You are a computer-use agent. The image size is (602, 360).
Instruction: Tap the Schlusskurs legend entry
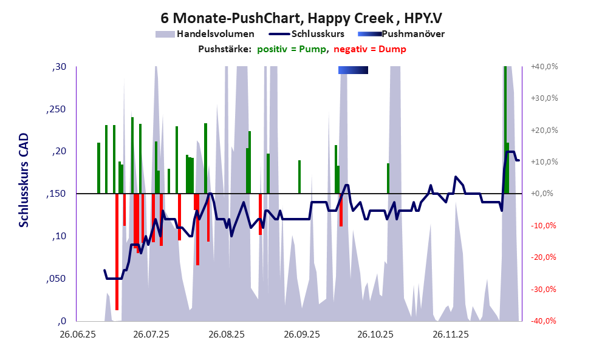pyautogui.click(x=318, y=34)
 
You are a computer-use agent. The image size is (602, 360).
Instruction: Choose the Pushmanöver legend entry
pyautogui.click(x=413, y=34)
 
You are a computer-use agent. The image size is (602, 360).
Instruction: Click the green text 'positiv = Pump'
pyautogui.click(x=292, y=49)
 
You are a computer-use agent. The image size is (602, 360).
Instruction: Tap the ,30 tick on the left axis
pyautogui.click(x=60, y=67)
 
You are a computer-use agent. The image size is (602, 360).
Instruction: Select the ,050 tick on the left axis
pyautogui.click(x=57, y=279)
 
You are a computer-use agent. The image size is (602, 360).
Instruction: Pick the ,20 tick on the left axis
pyautogui.click(x=60, y=152)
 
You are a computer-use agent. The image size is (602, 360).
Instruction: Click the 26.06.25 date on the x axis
pyautogui.click(x=77, y=335)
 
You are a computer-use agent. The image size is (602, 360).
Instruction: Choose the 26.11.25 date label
pyautogui.click(x=451, y=335)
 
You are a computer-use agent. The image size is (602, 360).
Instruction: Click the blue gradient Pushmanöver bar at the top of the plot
pyautogui.click(x=353, y=70)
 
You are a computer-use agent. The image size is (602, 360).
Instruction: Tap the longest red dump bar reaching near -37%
pyautogui.click(x=117, y=251)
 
